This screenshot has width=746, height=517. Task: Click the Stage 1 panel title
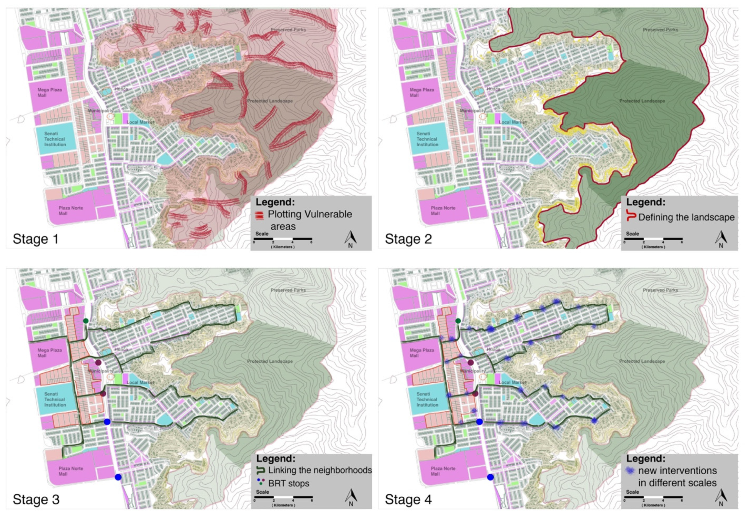point(36,239)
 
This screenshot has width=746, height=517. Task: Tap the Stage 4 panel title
point(408,499)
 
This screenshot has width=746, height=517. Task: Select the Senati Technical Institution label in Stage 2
point(427,139)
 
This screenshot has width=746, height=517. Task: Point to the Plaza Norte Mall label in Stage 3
point(70,471)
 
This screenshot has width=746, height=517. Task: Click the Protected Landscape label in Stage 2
point(642,101)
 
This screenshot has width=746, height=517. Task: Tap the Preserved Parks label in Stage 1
point(288,30)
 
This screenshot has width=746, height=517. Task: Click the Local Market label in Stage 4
point(512,382)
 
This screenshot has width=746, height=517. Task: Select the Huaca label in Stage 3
point(121,349)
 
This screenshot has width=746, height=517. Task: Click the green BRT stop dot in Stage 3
point(86,321)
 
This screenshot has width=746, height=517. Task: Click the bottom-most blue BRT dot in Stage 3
point(118,477)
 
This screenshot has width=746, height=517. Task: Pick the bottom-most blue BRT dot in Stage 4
point(490,477)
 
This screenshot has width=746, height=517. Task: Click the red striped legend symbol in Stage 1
point(259,215)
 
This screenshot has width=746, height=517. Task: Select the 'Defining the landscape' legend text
point(686,217)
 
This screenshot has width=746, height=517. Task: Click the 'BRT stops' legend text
point(289,483)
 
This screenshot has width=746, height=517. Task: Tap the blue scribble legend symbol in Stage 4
point(630,471)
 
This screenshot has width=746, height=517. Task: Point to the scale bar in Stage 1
point(283,239)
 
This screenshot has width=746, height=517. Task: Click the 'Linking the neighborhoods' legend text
point(320,470)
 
